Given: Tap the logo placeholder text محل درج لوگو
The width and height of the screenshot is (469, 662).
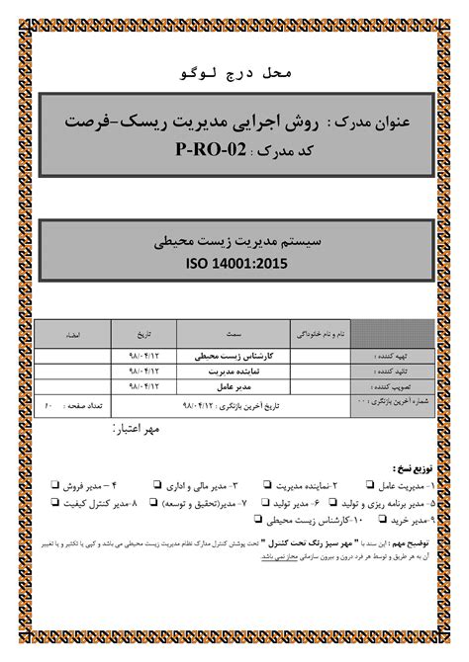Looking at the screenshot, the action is pos(234,74).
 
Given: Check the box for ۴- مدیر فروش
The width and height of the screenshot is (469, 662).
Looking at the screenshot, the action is pos(54,486).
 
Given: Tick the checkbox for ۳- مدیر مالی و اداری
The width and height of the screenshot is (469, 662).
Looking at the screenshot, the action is pos(157,486).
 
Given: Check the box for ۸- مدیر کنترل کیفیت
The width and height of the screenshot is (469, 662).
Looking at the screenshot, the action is pos(54,503).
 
